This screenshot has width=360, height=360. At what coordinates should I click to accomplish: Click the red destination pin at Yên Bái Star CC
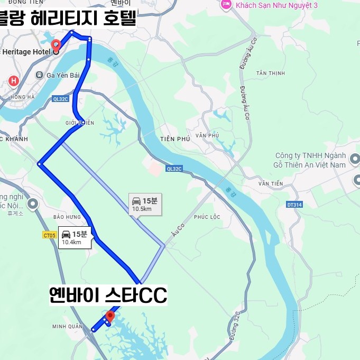(x=110, y=316)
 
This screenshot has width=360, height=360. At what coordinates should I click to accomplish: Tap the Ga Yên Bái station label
(x=63, y=75)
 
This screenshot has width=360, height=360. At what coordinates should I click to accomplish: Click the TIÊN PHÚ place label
(x=174, y=139)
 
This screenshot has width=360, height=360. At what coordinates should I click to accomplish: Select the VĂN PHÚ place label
(x=207, y=136)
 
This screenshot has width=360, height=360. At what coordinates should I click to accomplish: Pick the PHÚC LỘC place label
(x=207, y=217)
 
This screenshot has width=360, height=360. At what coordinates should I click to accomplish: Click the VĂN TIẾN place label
(x=271, y=183)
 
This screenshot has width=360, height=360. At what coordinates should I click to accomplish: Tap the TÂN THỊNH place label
(x=270, y=73)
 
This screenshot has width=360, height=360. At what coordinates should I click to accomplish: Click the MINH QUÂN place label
(x=67, y=326)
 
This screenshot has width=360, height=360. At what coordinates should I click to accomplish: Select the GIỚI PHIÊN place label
(x=80, y=123)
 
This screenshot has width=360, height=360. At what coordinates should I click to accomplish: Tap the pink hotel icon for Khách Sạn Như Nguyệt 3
(x=226, y=5)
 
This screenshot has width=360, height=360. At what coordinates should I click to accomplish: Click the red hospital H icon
(x=14, y=81)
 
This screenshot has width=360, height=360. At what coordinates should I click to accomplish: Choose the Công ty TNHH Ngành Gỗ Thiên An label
(x=310, y=160)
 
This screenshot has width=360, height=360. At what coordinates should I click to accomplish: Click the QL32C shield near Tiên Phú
(x=173, y=169)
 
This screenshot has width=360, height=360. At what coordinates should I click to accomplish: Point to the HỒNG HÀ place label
(x=22, y=97)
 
